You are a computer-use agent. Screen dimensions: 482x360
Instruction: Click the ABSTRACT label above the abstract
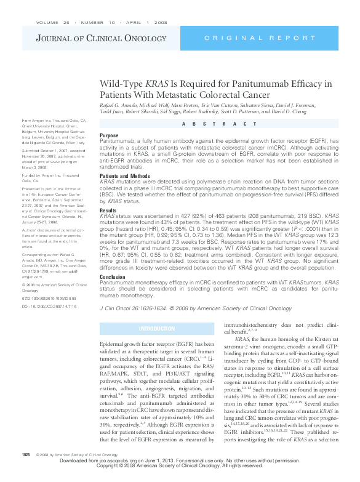coord(218,124)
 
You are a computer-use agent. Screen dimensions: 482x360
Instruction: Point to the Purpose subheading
coord(109,135)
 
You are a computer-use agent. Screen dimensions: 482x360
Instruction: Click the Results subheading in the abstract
coord(108,211)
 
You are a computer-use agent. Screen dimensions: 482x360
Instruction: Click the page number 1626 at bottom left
coord(26,471)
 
